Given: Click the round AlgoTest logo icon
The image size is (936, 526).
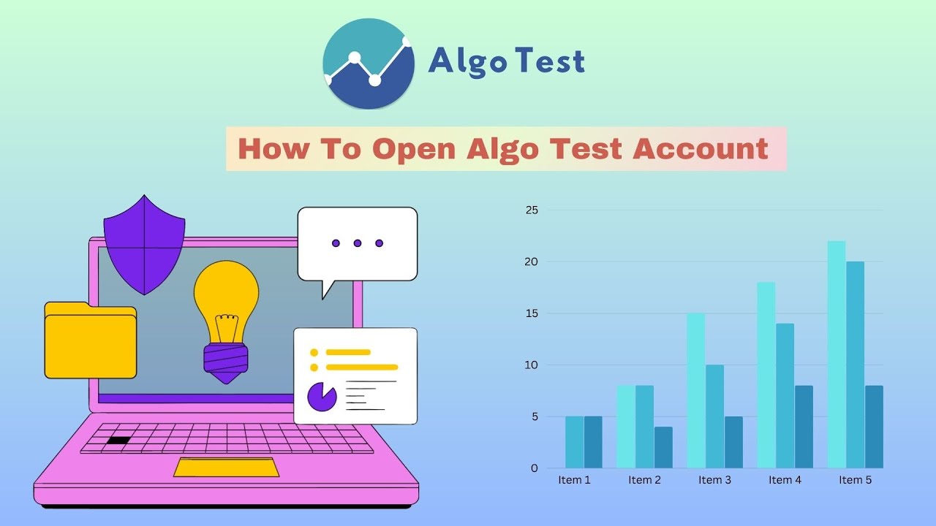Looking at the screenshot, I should coord(369,64).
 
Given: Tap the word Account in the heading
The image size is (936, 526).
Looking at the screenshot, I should coord(701,149).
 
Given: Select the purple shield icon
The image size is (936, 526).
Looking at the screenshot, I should coord(144,244).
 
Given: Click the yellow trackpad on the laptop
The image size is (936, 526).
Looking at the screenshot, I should coord(226,467).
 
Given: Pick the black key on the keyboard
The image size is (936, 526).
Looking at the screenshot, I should coord(118,441).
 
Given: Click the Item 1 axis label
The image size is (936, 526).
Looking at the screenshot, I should coord(574,480).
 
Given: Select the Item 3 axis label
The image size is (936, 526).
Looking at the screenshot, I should coord(714,480).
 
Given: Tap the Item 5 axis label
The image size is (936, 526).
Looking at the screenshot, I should coord(855,480).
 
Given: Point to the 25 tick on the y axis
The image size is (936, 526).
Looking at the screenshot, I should coord(532,210).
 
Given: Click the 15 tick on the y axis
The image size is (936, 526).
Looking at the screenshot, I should coord(532,313).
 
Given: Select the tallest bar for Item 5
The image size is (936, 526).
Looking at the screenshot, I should coord(837,354).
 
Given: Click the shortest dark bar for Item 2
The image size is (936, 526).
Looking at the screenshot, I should coord(663,447).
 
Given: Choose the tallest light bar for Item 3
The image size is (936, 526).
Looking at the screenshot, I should coord(695,391).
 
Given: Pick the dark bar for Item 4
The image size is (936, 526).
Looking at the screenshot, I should coord(804,427).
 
